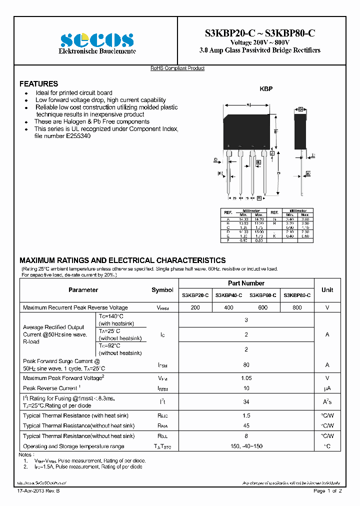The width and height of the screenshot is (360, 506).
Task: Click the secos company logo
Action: pos(97,40)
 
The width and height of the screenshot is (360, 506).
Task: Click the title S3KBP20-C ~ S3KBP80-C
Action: pos(259,33)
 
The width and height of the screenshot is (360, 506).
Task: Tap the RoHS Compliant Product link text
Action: pos(177,68)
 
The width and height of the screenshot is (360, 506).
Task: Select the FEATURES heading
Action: pos(38,84)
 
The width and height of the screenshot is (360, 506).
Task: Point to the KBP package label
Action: pos(265,89)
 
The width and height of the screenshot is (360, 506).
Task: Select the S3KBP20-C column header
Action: pos(195,295)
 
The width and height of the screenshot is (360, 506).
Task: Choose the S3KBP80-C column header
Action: pos(297,295)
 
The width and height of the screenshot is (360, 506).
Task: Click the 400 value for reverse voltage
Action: pos(228,307)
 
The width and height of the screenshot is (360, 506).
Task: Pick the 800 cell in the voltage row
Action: pos(297,307)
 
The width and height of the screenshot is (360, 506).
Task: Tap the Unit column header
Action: pos(327,290)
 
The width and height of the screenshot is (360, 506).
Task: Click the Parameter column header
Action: pos(83,290)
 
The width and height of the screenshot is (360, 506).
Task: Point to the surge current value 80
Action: pos(246,365)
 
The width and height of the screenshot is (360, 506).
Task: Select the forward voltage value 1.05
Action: pos(246,378)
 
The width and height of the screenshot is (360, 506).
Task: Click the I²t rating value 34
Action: pos(246,401)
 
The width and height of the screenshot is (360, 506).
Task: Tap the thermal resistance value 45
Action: pos(246,425)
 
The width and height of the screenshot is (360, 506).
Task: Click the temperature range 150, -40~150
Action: pos(246,446)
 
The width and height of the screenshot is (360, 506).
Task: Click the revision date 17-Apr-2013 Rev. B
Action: pos(37,491)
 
